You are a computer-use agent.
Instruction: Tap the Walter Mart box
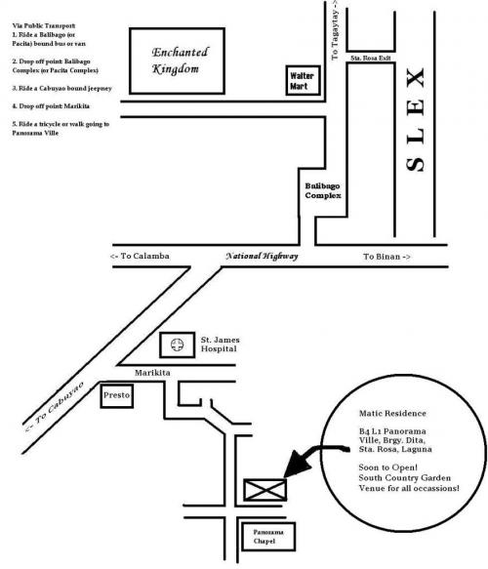pyautogui.click(x=303, y=80)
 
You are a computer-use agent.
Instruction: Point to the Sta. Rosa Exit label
pyautogui.click(x=371, y=58)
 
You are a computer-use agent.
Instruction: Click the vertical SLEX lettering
pyautogui.click(x=415, y=119)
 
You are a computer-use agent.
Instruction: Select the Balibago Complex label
pyautogui.click(x=323, y=190)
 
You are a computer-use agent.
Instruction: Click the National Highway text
pyautogui.click(x=262, y=256)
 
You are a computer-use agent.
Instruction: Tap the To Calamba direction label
pyautogui.click(x=140, y=256)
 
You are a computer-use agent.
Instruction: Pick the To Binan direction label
pyautogui.click(x=386, y=257)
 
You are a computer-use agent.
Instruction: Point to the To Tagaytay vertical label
pyautogui.click(x=335, y=30)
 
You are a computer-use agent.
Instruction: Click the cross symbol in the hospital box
pyautogui.click(x=177, y=345)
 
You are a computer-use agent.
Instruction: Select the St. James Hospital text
pyautogui.click(x=220, y=344)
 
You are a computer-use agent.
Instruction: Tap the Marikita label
pyautogui.click(x=152, y=373)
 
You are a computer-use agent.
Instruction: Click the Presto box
pyautogui.click(x=116, y=395)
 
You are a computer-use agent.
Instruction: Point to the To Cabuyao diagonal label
pyautogui.click(x=55, y=406)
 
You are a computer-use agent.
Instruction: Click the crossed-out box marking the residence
pyautogui.click(x=264, y=490)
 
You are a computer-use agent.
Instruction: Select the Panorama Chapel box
pyautogui.click(x=268, y=537)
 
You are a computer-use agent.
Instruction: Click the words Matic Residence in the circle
pyautogui.click(x=392, y=413)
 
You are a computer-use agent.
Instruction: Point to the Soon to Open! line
pyautogui.click(x=387, y=467)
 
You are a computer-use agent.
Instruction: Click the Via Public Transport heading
pyautogui.click(x=44, y=25)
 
